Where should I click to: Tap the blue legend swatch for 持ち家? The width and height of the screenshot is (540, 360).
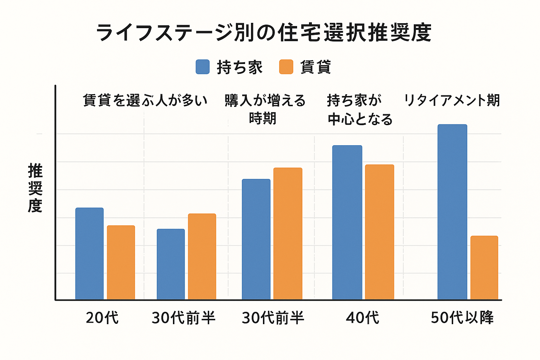click(x=202, y=67)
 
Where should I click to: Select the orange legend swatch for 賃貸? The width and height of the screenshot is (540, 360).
click(x=286, y=67)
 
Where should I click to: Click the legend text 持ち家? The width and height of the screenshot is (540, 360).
click(x=240, y=67)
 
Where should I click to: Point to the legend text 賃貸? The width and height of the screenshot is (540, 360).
click(x=316, y=67)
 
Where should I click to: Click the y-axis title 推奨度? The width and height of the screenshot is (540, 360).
click(x=35, y=188)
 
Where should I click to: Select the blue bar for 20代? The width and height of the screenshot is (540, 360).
click(x=90, y=253)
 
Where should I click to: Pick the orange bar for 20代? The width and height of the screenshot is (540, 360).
click(x=121, y=262)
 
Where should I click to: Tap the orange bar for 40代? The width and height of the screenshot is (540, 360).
click(x=379, y=232)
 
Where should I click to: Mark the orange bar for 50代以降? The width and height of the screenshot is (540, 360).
click(x=484, y=268)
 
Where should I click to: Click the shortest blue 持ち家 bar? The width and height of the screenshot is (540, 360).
click(x=171, y=264)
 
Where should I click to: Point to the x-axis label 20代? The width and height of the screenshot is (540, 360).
click(x=102, y=318)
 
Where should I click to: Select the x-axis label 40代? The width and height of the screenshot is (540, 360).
click(x=362, y=318)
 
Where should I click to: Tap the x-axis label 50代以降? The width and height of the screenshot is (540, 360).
click(x=462, y=318)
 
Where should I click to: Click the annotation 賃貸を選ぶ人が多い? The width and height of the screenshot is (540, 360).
click(x=145, y=101)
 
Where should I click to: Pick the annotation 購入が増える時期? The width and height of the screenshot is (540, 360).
click(x=265, y=109)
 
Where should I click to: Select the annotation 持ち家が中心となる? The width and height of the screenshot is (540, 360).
click(x=359, y=110)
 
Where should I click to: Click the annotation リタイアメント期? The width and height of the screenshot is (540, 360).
click(x=452, y=101)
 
